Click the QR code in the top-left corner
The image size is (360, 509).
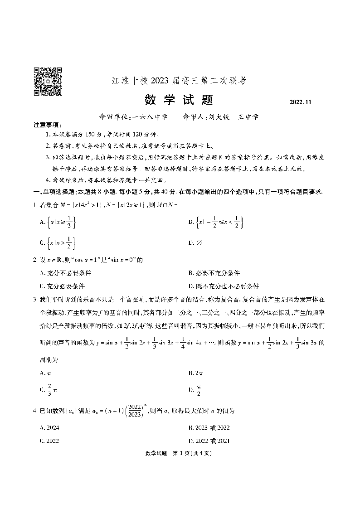click(x=48, y=82)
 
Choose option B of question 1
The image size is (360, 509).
click(x=216, y=222)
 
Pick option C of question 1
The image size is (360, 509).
click(x=57, y=243)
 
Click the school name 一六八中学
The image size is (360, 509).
click(x=149, y=116)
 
